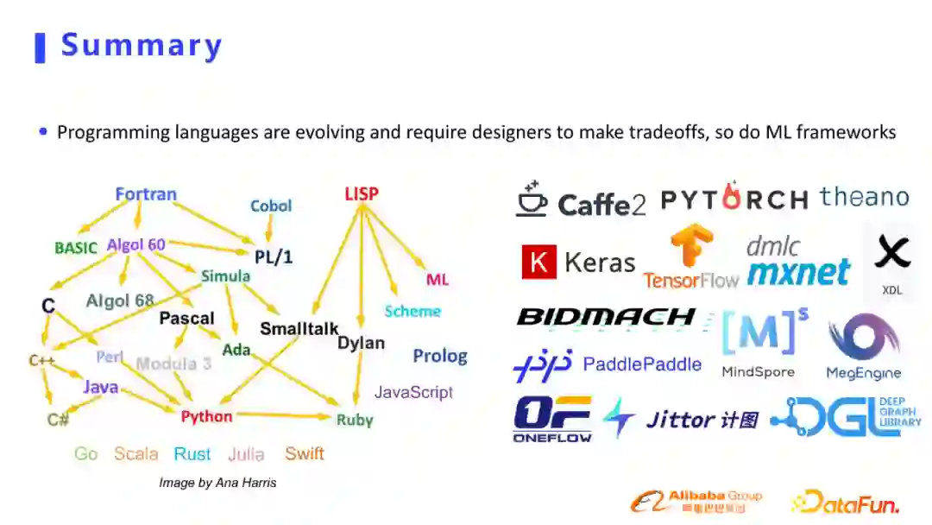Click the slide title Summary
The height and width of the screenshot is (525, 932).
click(142, 45)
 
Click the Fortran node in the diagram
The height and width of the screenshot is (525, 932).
click(146, 194)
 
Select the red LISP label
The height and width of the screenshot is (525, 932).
click(361, 194)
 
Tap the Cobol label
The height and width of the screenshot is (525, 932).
click(271, 206)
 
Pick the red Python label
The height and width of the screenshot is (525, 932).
click(206, 416)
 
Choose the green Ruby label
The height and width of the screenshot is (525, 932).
click(355, 420)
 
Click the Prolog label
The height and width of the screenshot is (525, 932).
click(439, 356)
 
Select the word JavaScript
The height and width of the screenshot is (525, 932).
click(413, 392)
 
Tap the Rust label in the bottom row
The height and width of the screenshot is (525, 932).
click(192, 453)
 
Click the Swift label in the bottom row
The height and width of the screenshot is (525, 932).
click(305, 453)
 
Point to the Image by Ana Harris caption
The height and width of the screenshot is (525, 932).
click(217, 483)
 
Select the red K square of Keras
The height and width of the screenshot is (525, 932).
click(538, 262)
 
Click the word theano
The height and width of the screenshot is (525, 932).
click(864, 197)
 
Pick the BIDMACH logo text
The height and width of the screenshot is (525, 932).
click(606, 317)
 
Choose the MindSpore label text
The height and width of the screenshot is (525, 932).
click(758, 372)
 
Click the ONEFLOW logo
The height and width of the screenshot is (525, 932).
click(552, 419)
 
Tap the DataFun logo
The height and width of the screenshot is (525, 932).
click(845, 501)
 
